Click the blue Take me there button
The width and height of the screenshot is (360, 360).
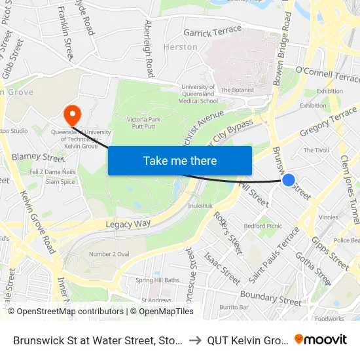click(x=180, y=160)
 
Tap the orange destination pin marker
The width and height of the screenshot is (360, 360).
click(x=71, y=115)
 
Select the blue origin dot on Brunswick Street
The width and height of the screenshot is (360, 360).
click(x=288, y=179)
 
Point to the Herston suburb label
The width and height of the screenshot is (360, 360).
click(x=181, y=47)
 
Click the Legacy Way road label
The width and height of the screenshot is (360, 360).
click(x=128, y=224)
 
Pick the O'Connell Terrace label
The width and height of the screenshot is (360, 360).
click(x=328, y=75)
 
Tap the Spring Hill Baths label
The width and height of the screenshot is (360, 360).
click(x=157, y=280)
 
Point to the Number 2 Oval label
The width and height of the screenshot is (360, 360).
click(x=110, y=254)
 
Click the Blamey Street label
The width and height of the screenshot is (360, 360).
click(x=38, y=157)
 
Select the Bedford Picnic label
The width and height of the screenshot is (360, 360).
click(x=262, y=226)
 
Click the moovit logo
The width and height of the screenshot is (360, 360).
click(x=320, y=339)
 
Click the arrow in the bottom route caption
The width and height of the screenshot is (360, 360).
click(x=194, y=340)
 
